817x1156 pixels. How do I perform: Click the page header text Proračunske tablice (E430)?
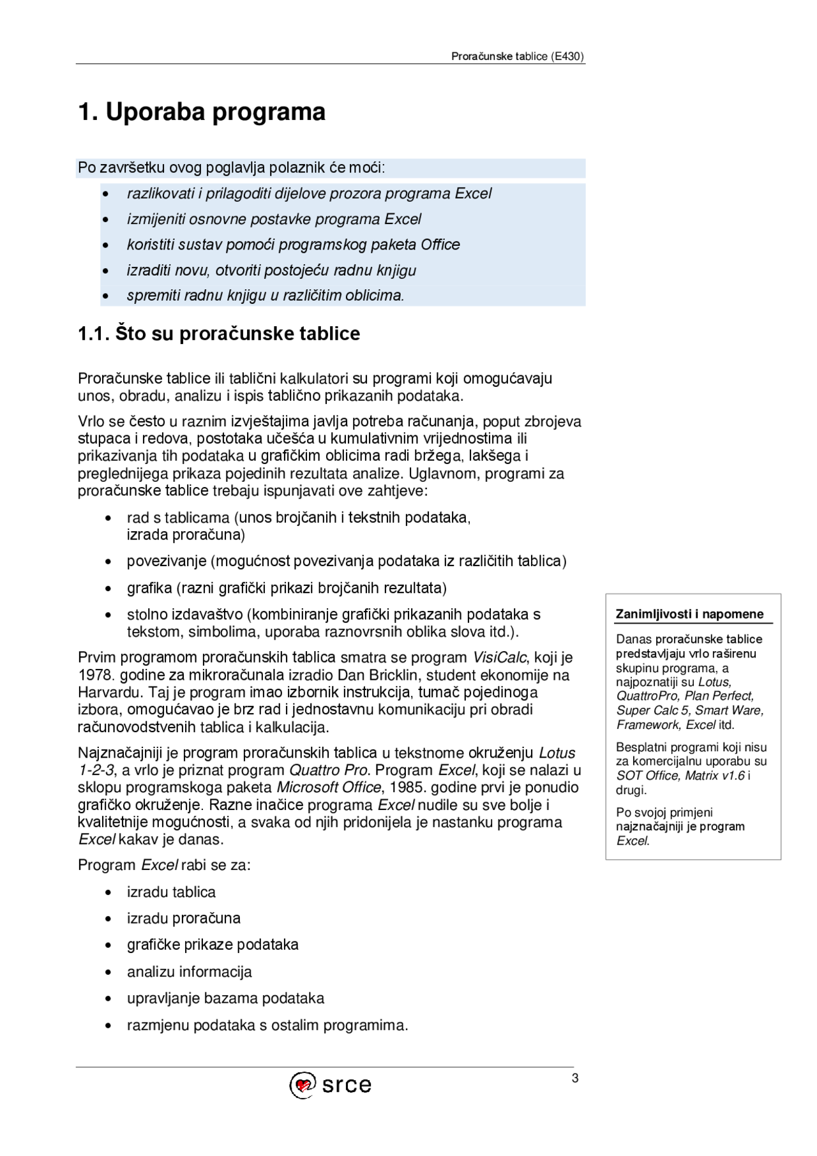point(517,56)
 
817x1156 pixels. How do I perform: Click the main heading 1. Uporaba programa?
point(202,112)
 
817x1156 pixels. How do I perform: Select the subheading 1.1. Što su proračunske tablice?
point(219,334)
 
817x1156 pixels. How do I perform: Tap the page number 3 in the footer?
point(575,1079)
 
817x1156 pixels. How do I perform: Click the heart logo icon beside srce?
point(303,1085)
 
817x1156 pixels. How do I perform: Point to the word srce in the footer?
point(347,1085)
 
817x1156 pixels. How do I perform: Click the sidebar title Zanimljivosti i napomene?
point(689,614)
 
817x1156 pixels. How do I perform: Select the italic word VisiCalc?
point(500,657)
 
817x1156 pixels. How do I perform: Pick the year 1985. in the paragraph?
point(407,787)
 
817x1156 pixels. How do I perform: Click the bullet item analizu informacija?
point(189,972)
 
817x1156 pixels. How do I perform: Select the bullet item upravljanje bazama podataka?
point(225,998)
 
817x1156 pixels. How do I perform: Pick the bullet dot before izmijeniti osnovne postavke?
point(105,220)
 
